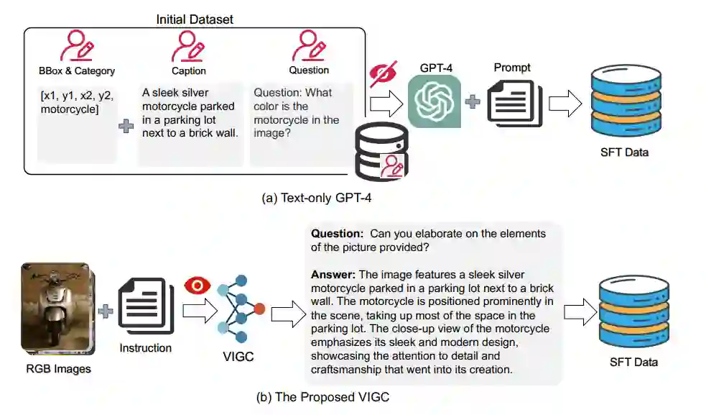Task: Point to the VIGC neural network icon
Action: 242,307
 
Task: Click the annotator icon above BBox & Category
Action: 76,46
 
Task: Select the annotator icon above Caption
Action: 188,46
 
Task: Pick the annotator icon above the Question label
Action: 309,45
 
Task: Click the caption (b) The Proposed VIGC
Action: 318,397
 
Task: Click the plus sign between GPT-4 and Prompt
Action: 473,102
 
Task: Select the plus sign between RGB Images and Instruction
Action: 106,311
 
